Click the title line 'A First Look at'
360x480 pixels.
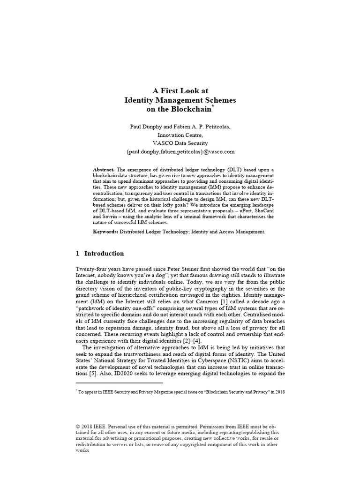pos(180,90)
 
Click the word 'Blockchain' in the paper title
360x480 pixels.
pos(191,110)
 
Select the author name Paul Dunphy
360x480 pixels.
pos(145,127)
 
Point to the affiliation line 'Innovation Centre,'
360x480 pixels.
pos(180,135)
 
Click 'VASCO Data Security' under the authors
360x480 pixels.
pos(180,143)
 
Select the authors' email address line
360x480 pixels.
pos(180,152)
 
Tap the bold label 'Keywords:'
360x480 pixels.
pos(106,232)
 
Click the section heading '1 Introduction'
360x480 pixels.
pos(100,254)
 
